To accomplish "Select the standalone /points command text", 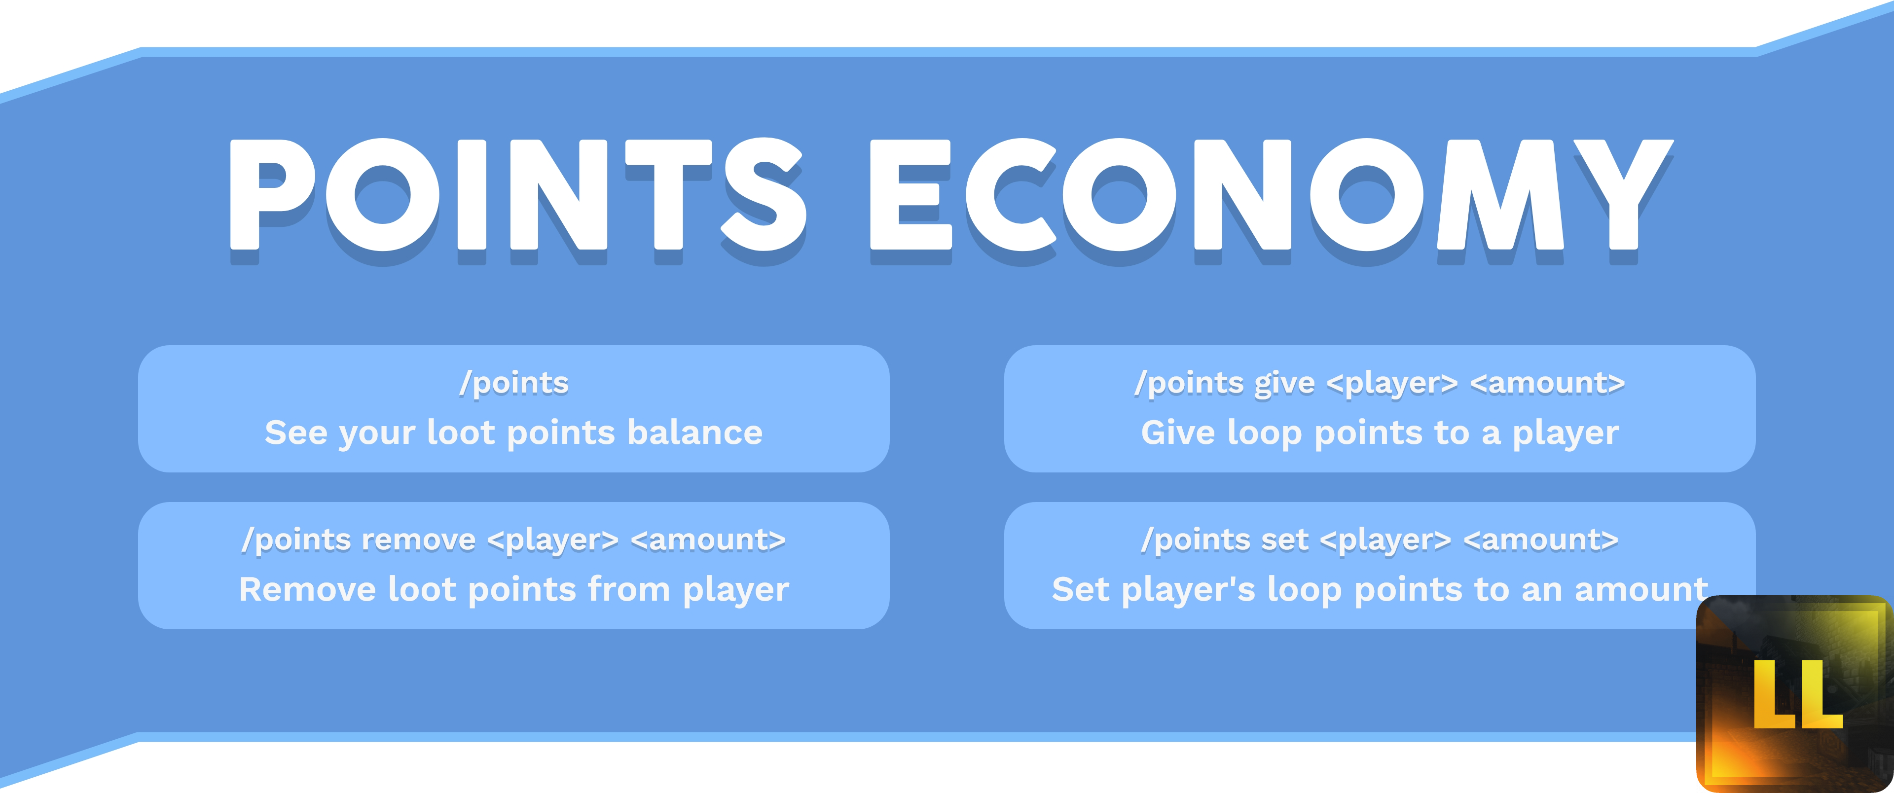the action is tap(514, 383).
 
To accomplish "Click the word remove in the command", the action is tap(418, 540).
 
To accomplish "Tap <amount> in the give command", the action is tap(1547, 383).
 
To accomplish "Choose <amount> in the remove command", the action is tap(708, 540).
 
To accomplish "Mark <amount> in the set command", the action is tap(1541, 540).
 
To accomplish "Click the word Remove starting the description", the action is tap(307, 589).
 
